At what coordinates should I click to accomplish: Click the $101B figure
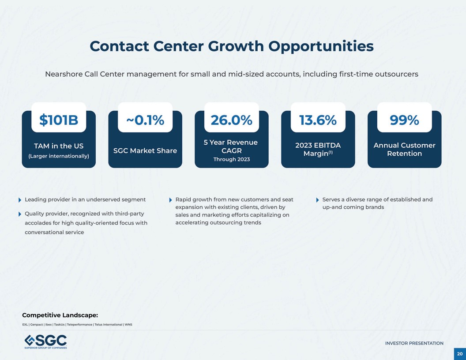(59, 120)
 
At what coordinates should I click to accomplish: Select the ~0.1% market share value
(145, 120)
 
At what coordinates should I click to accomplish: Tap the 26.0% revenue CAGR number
(231, 120)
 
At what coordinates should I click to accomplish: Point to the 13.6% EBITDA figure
(318, 120)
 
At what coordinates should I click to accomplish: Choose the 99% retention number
(404, 120)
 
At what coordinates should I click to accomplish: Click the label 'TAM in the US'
(59, 146)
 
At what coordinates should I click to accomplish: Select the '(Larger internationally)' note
(59, 156)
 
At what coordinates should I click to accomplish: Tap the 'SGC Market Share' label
(145, 150)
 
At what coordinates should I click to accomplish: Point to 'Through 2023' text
(231, 159)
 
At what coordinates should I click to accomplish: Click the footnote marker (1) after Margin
(330, 152)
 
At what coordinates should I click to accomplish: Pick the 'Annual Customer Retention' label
(404, 150)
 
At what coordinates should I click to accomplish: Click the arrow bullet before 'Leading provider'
(20, 200)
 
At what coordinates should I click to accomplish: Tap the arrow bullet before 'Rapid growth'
(171, 200)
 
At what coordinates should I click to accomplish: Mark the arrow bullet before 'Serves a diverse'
(318, 200)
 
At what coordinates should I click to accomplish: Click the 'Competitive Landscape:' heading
(60, 315)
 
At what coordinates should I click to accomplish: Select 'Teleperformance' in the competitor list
(79, 325)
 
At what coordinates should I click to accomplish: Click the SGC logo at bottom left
(45, 341)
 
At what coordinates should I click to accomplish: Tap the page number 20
(460, 354)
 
